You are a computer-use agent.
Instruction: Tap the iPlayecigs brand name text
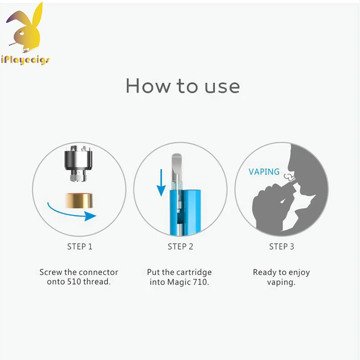tap(25, 60)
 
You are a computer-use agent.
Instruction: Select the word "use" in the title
tap(222, 87)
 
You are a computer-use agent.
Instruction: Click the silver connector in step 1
tap(79, 163)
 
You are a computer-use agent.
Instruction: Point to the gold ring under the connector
tap(79, 201)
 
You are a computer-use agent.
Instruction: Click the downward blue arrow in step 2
tap(161, 182)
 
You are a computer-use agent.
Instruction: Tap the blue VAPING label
tap(264, 172)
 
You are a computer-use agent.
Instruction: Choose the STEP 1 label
tap(80, 247)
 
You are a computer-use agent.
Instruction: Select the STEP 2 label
tap(180, 247)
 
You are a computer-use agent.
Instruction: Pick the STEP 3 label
tap(281, 247)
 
